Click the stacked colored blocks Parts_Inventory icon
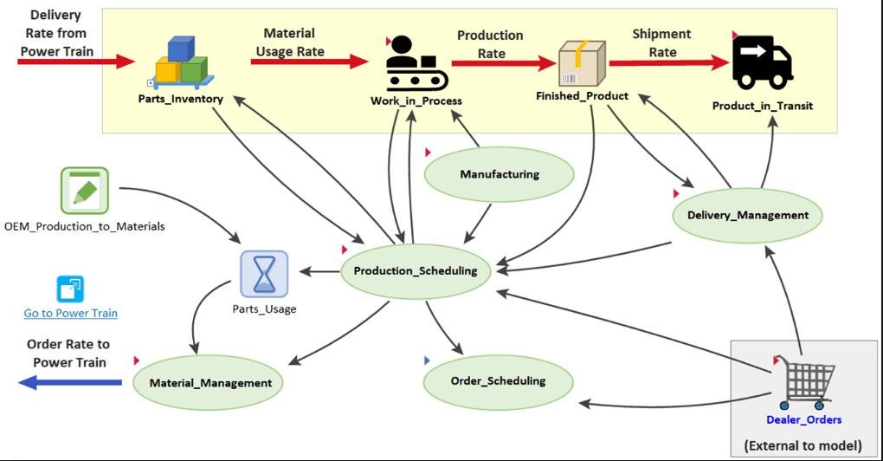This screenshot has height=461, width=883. point(182,62)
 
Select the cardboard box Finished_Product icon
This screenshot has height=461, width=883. point(582,63)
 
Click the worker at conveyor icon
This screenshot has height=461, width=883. point(416,63)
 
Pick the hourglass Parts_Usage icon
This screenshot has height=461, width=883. point(264,275)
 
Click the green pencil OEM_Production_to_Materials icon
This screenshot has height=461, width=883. point(85,191)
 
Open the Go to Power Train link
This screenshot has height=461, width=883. point(70,313)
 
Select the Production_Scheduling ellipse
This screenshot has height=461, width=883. point(416,271)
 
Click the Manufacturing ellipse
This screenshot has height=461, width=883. point(499,174)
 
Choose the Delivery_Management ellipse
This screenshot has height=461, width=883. point(747,215)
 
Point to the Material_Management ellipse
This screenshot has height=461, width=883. point(208,383)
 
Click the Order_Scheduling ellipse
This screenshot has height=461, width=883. point(498,381)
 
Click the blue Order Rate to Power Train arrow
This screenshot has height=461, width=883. point(70,383)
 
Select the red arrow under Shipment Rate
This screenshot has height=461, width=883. point(669,62)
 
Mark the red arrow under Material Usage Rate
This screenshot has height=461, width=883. point(309,61)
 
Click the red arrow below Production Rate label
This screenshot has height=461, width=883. point(504,63)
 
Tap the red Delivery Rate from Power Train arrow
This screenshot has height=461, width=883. point(76,61)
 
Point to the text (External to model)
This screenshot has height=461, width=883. point(803,445)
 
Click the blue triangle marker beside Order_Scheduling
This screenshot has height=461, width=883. point(427,360)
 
